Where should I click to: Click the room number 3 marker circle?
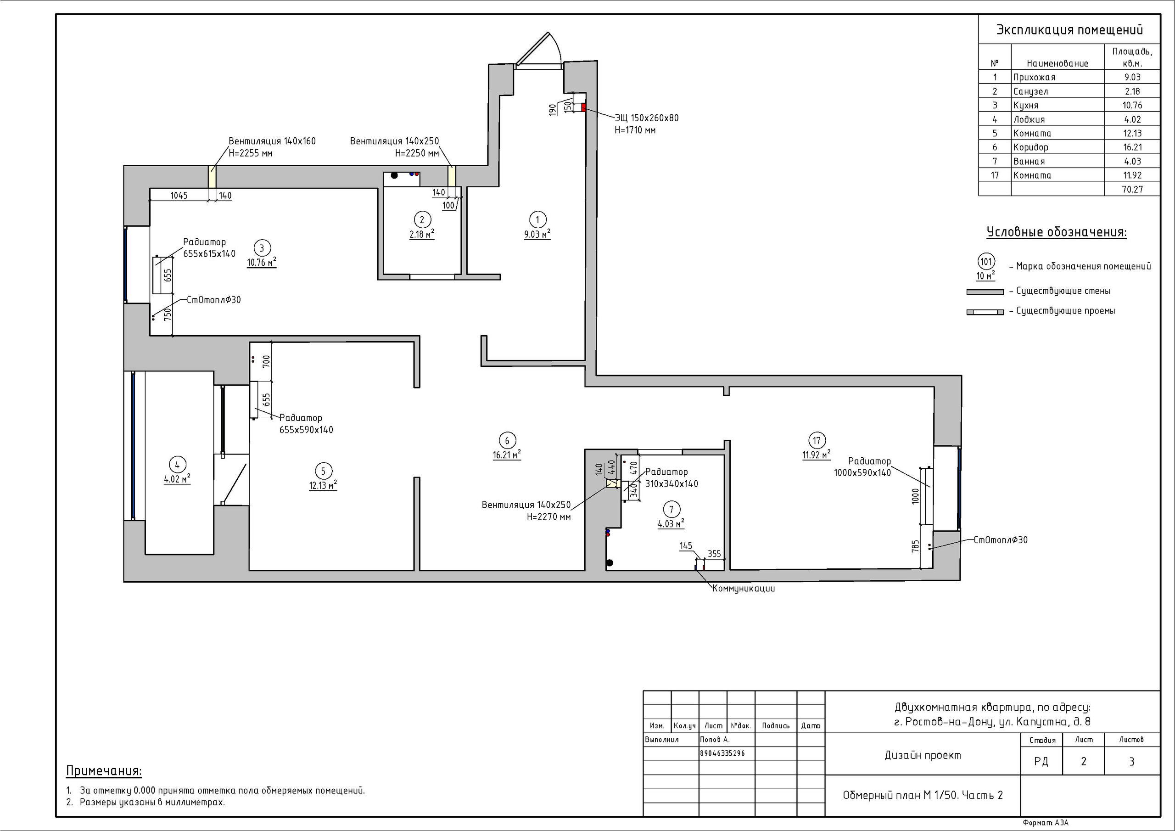[x=262, y=248]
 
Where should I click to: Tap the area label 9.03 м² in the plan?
[x=537, y=235]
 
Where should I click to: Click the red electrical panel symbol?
[x=583, y=107]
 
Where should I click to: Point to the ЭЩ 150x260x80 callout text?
[x=646, y=124]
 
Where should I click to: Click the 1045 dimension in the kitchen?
[x=179, y=195]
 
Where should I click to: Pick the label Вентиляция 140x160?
[x=272, y=141]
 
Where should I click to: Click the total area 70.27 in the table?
[x=1132, y=190]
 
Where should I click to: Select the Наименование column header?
[x=1057, y=63]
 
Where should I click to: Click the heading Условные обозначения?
[x=1056, y=232]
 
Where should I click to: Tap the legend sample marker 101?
[x=985, y=262]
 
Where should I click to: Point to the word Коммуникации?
[x=743, y=589]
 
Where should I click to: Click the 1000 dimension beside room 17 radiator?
[x=916, y=496]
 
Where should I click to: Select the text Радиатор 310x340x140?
[x=671, y=477]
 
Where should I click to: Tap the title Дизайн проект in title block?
[x=923, y=755]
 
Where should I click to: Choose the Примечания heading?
[x=104, y=771]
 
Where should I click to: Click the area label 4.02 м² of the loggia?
[x=177, y=479]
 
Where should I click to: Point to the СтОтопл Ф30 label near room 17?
[x=1000, y=539]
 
